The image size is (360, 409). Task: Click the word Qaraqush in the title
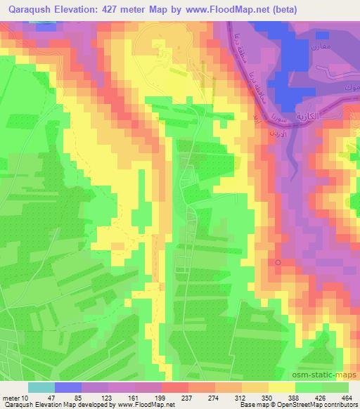pyautogui.click(x=29, y=10)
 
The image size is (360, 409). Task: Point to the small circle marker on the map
pyautogui.click(x=278, y=262)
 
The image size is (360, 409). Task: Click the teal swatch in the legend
pyautogui.click(x=41, y=387)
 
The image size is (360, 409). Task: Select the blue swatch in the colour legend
pyautogui.click(x=68, y=387)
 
